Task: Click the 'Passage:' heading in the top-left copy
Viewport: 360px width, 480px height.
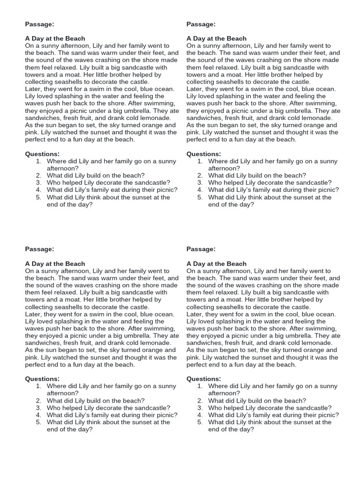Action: pos(39,24)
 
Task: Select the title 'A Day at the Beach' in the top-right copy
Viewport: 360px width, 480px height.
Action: pos(216,38)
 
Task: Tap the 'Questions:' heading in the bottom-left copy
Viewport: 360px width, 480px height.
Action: pos(42,379)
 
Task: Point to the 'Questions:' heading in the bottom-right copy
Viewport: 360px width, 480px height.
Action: pos(204,379)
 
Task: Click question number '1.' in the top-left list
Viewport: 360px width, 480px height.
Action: pos(39,161)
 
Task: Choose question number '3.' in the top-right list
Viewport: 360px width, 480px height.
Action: pos(200,183)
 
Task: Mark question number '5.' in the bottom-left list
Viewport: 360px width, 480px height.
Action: pos(39,422)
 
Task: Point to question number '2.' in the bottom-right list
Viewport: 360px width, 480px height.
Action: pos(200,401)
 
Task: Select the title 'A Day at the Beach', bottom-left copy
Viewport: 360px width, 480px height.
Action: pos(55,263)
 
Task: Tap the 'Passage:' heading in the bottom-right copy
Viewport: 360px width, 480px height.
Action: pos(201,249)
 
